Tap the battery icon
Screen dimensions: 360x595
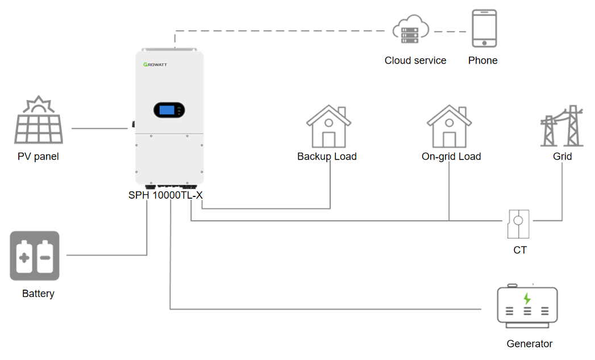pyautogui.click(x=35, y=256)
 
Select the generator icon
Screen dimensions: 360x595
pyautogui.click(x=527, y=307)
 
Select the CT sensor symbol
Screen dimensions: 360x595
pyautogui.click(x=518, y=224)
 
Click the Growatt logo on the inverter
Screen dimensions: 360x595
pyautogui.click(x=155, y=65)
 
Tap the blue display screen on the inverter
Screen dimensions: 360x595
pyautogui.click(x=167, y=110)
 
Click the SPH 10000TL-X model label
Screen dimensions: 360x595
pyautogui.click(x=165, y=195)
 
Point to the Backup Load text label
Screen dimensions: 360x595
pyautogui.click(x=327, y=156)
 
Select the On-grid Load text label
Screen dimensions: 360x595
pyautogui.click(x=451, y=156)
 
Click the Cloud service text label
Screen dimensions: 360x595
pyautogui.click(x=415, y=60)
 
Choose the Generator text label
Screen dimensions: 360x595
pyautogui.click(x=530, y=344)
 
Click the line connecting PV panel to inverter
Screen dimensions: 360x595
pyautogui.click(x=99, y=128)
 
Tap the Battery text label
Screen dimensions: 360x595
pyautogui.click(x=38, y=294)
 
